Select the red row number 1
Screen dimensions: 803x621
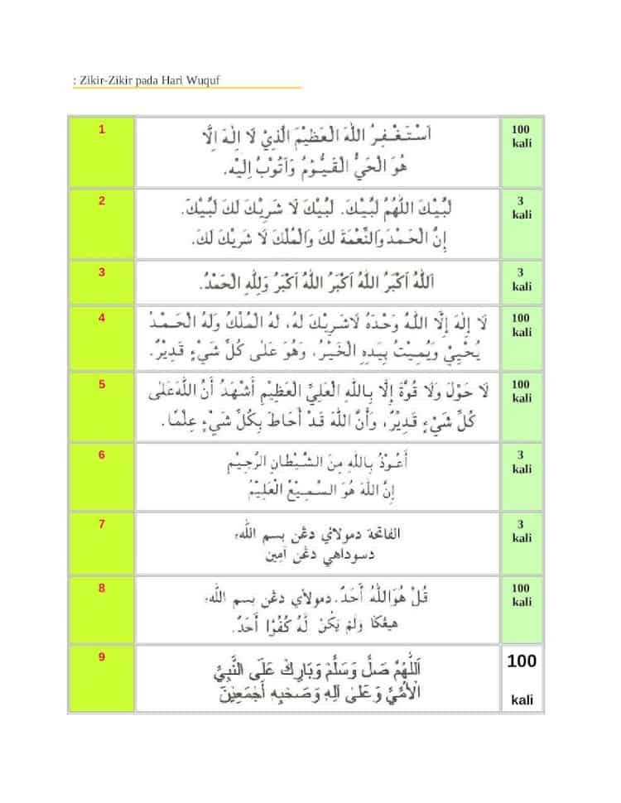pyautogui.click(x=102, y=130)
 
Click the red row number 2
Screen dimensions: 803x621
pyautogui.click(x=102, y=200)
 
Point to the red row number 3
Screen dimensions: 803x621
pyautogui.click(x=102, y=272)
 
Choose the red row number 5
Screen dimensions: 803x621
pyautogui.click(x=102, y=384)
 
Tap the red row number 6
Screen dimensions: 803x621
pyautogui.click(x=102, y=454)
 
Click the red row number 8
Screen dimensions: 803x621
pyautogui.click(x=102, y=589)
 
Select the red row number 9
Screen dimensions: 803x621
pyautogui.click(x=102, y=657)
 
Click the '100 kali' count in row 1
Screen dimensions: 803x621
pyautogui.click(x=521, y=137)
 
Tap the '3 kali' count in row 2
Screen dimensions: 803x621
pyautogui.click(x=522, y=207)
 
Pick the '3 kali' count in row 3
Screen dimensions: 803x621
pyautogui.click(x=522, y=279)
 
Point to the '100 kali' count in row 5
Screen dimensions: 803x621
pyautogui.click(x=521, y=392)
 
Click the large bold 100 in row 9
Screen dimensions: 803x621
pyautogui.click(x=522, y=661)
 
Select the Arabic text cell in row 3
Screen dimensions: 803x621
pyautogui.click(x=316, y=282)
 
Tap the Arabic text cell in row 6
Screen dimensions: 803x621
pyautogui.click(x=316, y=476)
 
